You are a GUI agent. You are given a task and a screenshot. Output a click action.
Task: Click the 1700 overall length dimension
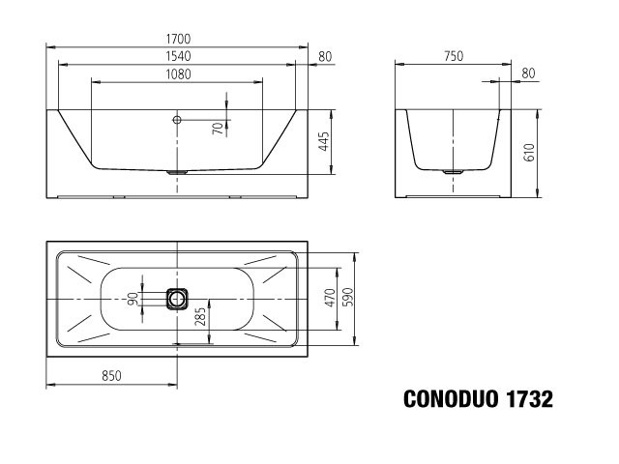tap(178, 39)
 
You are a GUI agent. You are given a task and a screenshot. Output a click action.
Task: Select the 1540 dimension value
tap(178, 56)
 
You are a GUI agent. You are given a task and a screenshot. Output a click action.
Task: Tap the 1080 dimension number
tap(178, 74)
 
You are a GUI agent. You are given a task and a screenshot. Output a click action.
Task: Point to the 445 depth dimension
tap(323, 141)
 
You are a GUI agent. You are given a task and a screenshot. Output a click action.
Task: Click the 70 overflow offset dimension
tap(218, 128)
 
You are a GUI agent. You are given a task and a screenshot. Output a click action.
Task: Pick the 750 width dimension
tap(454, 56)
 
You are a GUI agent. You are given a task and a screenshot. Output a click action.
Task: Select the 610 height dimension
tap(529, 153)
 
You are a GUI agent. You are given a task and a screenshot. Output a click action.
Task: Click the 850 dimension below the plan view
tap(112, 376)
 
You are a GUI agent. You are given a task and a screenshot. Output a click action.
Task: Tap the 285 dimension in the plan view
tap(200, 316)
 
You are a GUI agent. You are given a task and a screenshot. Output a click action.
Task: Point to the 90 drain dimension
tap(133, 299)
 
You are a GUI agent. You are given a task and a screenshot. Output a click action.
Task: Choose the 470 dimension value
tap(330, 298)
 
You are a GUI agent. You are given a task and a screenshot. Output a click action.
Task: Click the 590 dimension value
tap(348, 297)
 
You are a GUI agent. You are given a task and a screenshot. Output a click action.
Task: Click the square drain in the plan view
tap(176, 299)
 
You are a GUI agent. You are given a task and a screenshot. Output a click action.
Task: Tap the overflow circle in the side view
tap(177, 120)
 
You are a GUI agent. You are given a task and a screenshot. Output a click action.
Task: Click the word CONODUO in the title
tap(451, 399)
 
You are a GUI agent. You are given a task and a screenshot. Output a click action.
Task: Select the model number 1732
tap(529, 399)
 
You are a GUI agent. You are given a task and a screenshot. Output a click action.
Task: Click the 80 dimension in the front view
tap(325, 57)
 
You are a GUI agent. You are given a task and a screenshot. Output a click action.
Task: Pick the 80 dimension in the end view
tap(529, 73)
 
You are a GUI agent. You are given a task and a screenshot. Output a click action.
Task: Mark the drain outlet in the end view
tap(453, 172)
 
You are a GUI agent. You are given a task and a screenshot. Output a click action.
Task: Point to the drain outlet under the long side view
tap(177, 172)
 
